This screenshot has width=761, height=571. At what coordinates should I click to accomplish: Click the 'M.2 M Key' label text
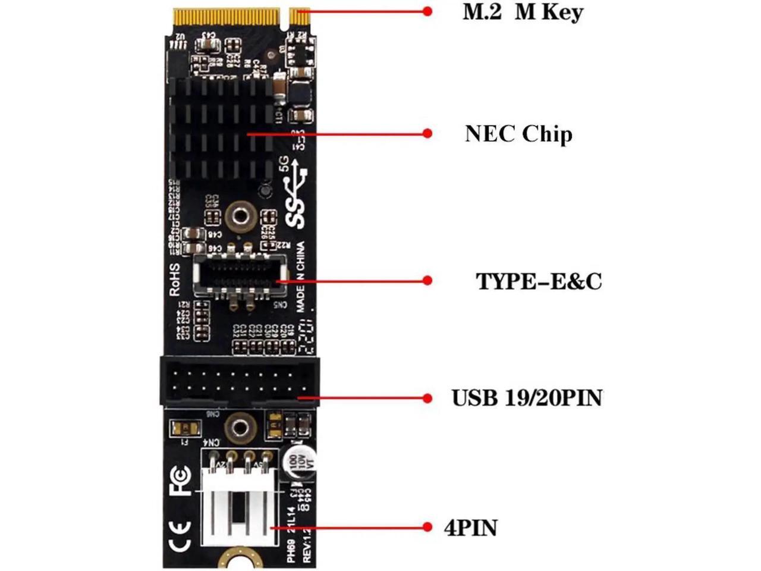point(523,12)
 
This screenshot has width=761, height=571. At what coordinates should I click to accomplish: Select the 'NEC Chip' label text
point(518,133)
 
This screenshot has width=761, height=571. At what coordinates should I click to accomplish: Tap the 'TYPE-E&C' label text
point(538,281)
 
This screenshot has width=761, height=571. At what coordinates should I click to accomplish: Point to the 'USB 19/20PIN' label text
point(527,397)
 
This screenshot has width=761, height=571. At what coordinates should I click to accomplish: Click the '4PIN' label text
point(471,528)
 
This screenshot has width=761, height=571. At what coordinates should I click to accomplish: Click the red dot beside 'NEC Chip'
point(427,133)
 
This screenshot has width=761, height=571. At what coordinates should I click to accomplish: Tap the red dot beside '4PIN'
point(427,527)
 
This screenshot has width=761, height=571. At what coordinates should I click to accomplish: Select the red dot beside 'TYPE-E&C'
point(427,280)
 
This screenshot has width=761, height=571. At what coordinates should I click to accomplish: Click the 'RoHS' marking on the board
point(175,280)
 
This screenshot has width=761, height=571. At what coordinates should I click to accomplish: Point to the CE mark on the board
point(180,536)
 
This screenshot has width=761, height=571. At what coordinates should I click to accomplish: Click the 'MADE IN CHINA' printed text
point(301,277)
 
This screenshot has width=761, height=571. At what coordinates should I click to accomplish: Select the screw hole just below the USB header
point(240,426)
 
